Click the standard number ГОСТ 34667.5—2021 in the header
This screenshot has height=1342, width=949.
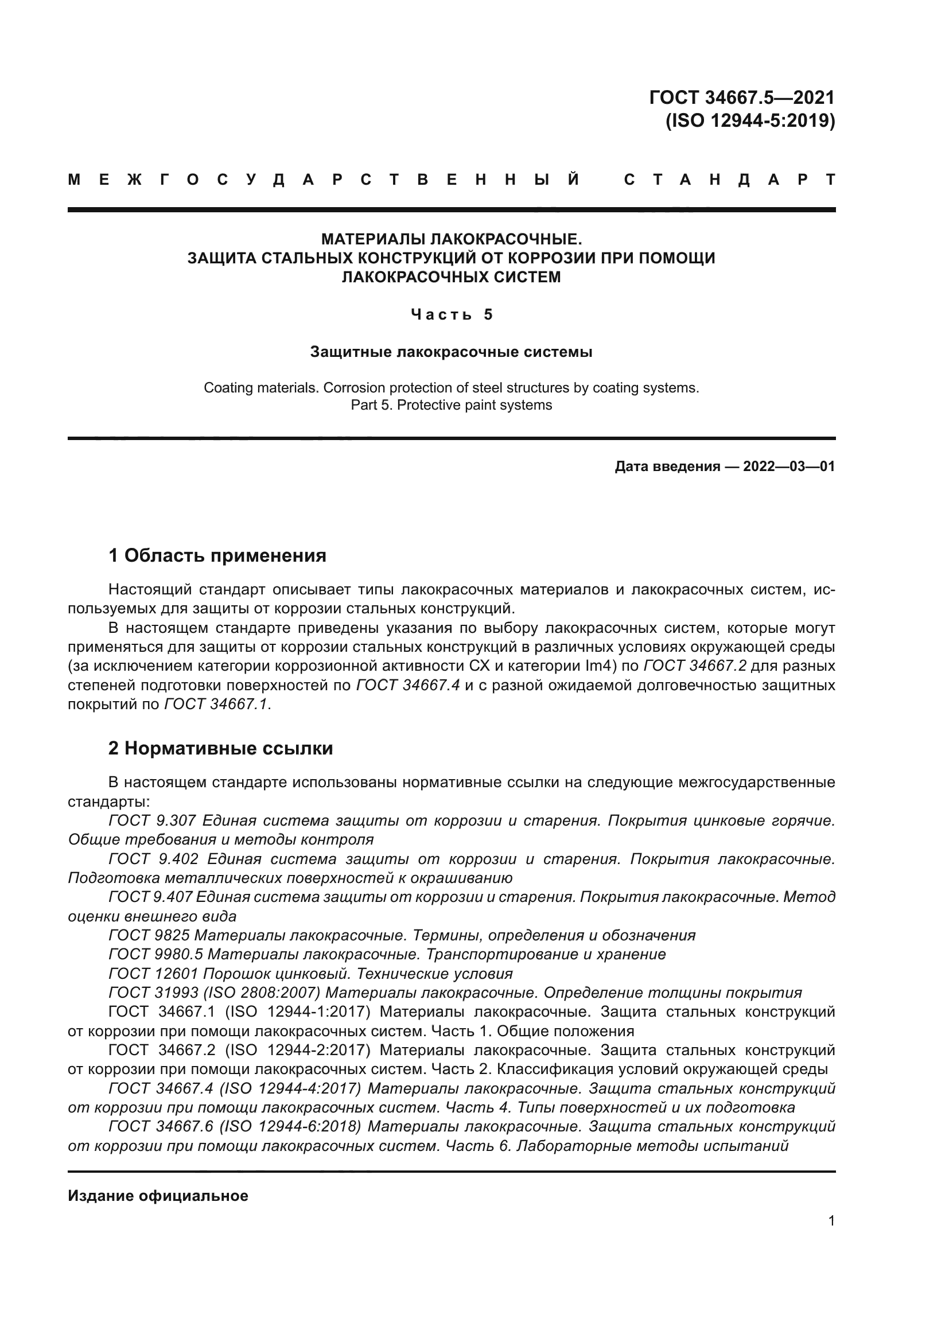741,97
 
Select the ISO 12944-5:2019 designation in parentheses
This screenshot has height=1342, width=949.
750,121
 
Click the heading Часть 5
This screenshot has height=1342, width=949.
452,314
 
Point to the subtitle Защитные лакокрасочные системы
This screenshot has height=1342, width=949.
451,352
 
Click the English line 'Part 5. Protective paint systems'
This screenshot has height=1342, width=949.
451,405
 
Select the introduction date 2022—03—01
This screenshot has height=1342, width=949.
789,466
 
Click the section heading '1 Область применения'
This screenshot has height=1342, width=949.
217,555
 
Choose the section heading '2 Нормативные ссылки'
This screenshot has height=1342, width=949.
220,748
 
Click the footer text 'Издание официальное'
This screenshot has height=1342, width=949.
158,1196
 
